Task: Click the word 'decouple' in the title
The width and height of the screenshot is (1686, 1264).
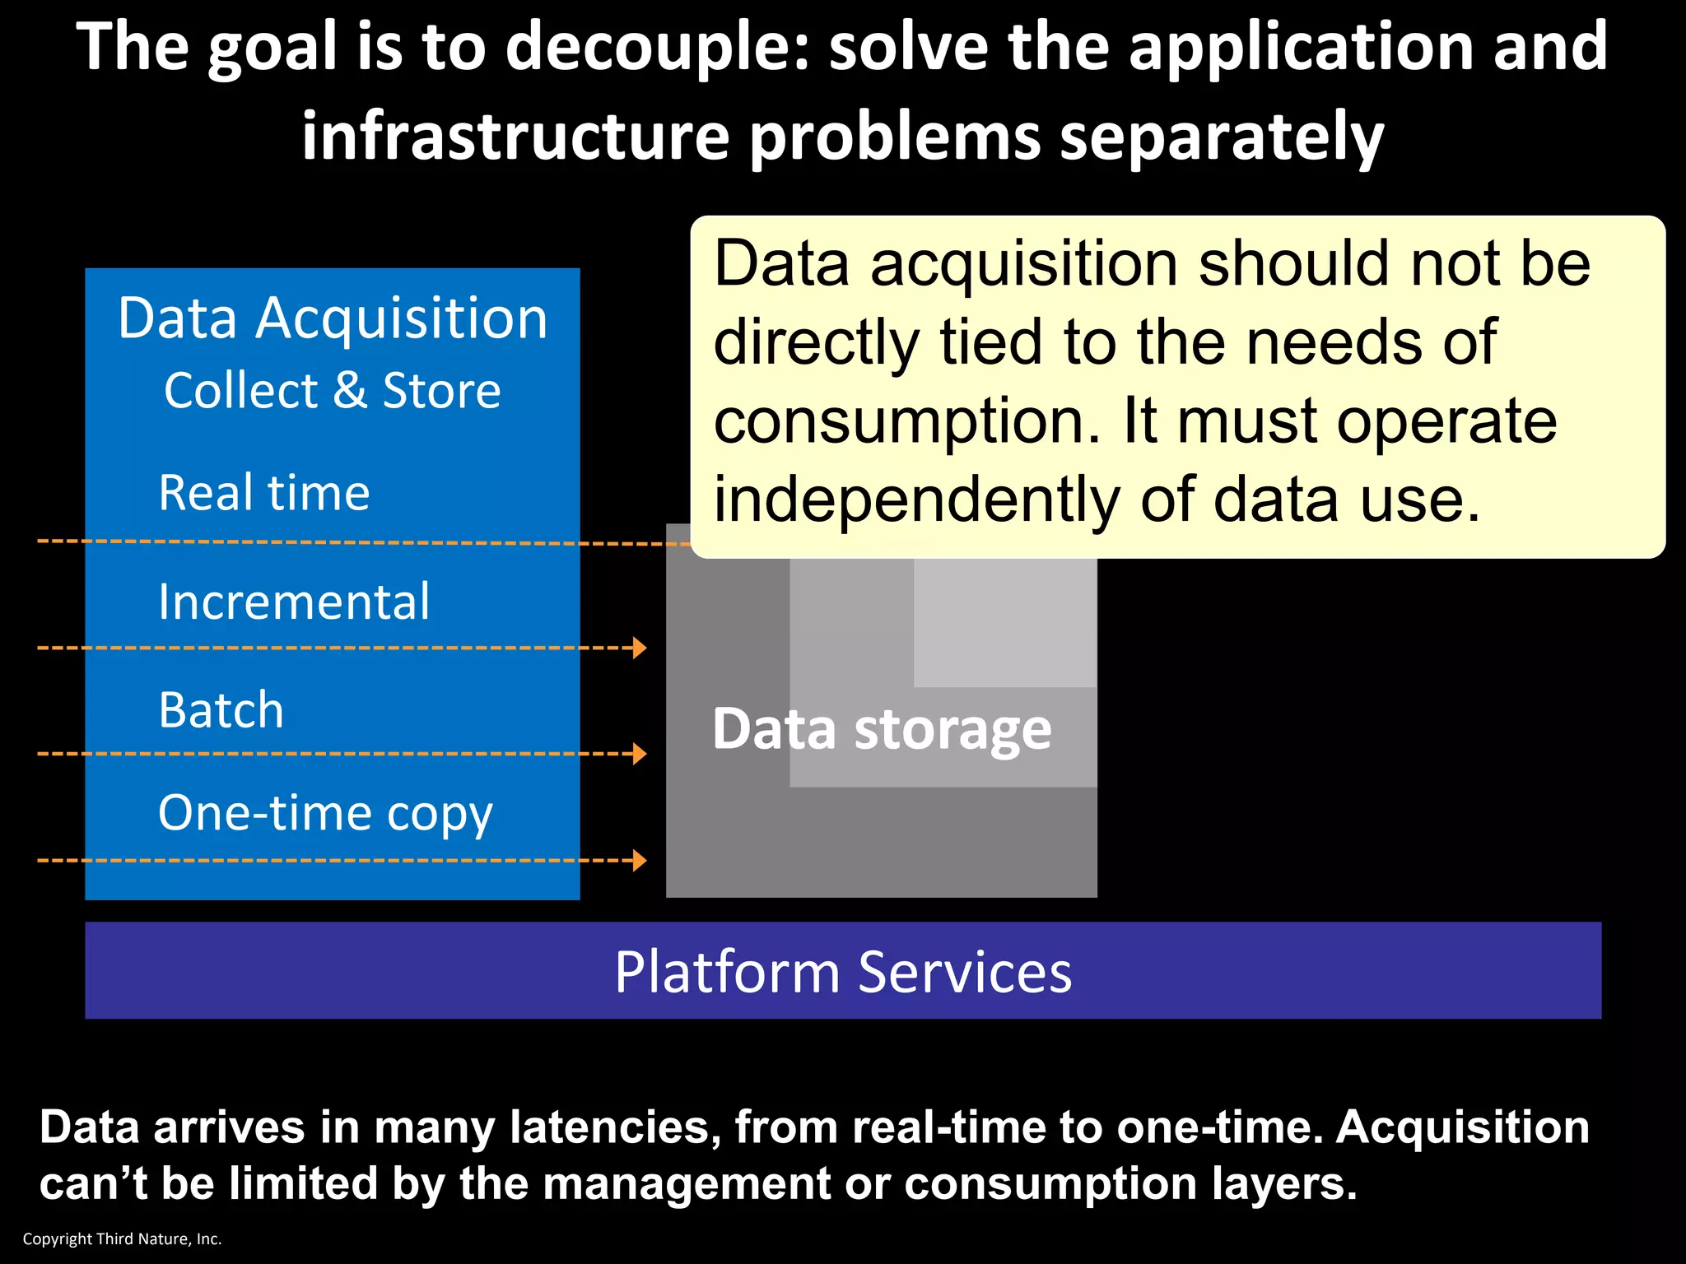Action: tap(655, 48)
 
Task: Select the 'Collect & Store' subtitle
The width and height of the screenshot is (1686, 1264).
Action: tap(333, 390)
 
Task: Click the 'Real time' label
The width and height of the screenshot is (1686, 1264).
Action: tap(264, 493)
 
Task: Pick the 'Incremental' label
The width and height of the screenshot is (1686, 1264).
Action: tap(294, 602)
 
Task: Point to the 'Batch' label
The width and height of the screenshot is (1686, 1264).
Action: tap(221, 710)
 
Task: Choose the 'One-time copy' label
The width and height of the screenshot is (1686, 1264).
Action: tap(325, 813)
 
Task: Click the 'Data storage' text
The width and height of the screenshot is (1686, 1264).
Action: tap(882, 729)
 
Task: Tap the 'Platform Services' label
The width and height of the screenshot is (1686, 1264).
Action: tap(843, 972)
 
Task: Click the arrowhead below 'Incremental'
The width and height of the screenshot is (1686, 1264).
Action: tap(640, 648)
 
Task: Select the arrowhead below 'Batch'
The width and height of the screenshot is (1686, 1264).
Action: tap(640, 754)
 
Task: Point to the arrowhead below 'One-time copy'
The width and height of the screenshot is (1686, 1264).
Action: tap(640, 861)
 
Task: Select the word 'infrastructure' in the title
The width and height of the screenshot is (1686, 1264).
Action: tap(515, 137)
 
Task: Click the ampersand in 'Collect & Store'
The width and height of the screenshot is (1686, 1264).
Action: tap(350, 391)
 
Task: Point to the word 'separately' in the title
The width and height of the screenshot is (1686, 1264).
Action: tap(1222, 137)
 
